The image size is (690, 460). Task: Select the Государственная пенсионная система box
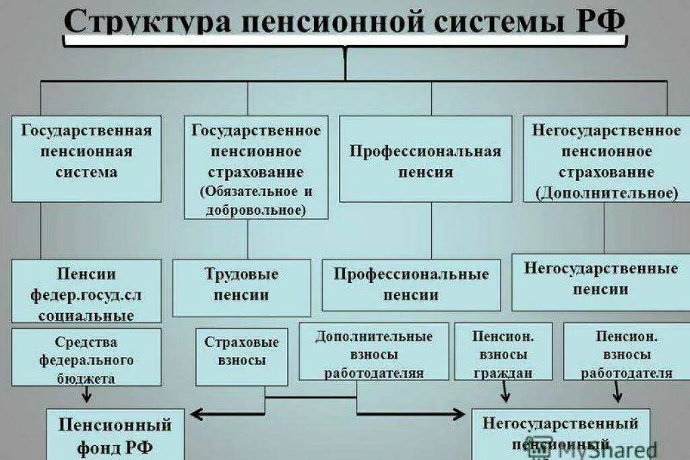pos(86,158)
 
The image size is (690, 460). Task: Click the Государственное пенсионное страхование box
pos(256,167)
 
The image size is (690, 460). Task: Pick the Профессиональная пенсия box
pos(425,159)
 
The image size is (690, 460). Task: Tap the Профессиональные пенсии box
pos(411,285)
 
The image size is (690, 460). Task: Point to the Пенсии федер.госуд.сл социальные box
pos(86,291)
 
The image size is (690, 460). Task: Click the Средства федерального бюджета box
pos(86,357)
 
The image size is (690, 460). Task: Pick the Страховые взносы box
pos(241,351)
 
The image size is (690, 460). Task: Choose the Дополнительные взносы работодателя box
pos(373,352)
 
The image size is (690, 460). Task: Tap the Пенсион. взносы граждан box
pos(503,352)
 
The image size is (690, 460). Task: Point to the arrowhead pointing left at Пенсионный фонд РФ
pos(193,413)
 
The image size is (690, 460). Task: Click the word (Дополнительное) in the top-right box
pos(606,193)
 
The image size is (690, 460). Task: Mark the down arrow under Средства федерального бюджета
pos(86,395)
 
